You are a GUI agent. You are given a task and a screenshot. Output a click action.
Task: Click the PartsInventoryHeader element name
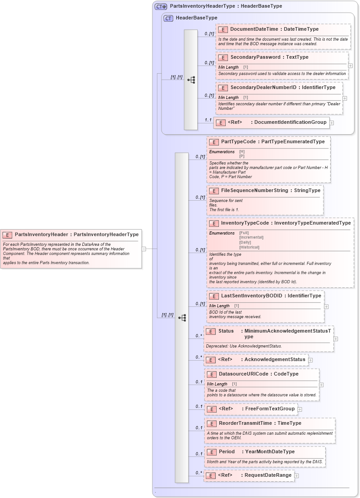click(x=41, y=235)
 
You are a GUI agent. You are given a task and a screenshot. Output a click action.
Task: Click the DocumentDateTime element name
click(x=253, y=29)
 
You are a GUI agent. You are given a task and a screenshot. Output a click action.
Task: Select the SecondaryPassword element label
click(x=255, y=57)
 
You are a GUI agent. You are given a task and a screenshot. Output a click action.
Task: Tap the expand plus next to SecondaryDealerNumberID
click(x=345, y=98)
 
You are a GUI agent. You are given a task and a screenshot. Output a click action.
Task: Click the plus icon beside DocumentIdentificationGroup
click(x=332, y=122)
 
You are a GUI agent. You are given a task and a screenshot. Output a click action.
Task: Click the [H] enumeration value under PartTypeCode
click(x=242, y=152)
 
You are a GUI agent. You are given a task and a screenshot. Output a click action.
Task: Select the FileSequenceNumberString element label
click(x=255, y=191)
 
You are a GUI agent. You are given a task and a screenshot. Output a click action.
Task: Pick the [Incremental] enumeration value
click(x=251, y=237)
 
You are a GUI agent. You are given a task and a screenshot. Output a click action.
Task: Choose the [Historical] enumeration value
click(x=249, y=247)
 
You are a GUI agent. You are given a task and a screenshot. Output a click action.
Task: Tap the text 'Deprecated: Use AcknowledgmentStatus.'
click(x=244, y=346)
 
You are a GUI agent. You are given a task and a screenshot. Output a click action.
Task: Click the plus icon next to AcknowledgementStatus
click(x=311, y=360)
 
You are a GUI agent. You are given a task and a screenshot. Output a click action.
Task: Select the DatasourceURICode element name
click(x=245, y=374)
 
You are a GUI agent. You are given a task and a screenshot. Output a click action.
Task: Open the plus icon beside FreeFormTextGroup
click(x=300, y=409)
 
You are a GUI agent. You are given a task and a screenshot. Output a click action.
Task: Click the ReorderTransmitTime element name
click(x=246, y=423)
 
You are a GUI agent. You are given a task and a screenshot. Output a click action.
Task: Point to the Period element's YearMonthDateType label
click(x=270, y=452)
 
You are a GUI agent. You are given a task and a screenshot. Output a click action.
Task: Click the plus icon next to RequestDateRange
click(x=297, y=475)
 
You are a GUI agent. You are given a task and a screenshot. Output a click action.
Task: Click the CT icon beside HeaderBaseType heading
click(x=168, y=19)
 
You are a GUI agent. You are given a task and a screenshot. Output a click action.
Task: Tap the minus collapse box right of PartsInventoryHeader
click(x=144, y=249)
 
